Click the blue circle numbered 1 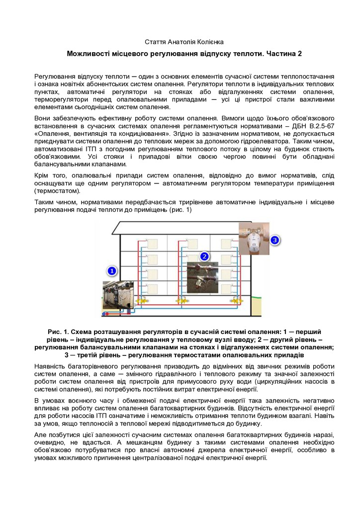click(x=112, y=271)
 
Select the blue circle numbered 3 click(x=275, y=240)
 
